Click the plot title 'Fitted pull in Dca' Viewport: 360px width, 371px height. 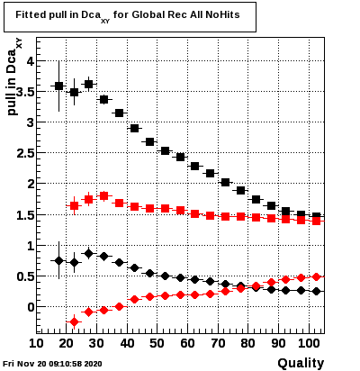63,16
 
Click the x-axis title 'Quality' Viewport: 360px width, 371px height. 301,363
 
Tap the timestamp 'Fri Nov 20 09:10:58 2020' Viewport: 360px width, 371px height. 52,364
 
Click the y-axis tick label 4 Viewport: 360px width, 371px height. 31,61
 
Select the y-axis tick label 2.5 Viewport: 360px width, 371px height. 26,153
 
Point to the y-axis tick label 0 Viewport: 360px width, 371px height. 31,307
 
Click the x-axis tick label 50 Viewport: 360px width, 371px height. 157,343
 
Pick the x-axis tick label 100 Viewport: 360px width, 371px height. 309,343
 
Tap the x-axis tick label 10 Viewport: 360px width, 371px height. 36,343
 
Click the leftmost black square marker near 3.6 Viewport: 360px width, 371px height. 58,86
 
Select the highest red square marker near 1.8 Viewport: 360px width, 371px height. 103,196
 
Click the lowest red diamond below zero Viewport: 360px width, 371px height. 74,322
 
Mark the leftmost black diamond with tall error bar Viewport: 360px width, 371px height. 58,260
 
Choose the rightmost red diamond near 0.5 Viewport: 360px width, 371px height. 316,276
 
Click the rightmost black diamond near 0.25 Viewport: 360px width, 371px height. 316,291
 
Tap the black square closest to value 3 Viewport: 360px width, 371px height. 134,129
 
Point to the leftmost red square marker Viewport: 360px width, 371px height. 74,206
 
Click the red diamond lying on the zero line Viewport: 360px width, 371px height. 119,306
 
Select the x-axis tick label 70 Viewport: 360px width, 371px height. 218,343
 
